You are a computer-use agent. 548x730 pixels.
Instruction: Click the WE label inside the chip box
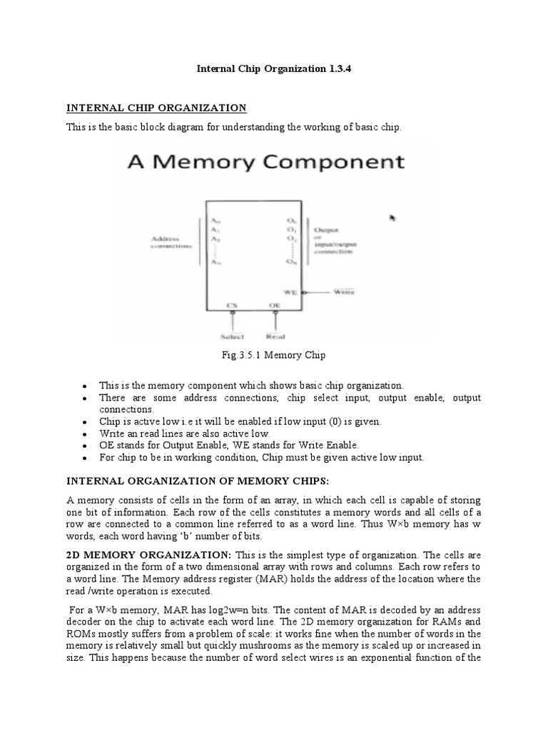tap(290, 292)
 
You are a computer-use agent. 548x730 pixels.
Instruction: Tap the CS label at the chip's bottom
tap(233, 306)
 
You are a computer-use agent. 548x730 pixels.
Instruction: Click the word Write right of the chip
tap(345, 292)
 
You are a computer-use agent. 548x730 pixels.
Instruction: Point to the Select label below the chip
tap(232, 336)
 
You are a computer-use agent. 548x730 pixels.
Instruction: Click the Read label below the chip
tap(275, 336)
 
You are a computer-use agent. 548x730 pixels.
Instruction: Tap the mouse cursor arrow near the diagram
tap(392, 218)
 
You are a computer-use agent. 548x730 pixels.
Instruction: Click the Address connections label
tap(171, 242)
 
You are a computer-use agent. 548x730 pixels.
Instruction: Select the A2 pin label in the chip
tap(215, 240)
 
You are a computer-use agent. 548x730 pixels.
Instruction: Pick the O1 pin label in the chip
tap(291, 230)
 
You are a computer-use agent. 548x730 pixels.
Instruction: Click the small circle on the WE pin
tap(305, 292)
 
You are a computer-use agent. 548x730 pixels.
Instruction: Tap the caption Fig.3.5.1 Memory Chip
tap(274, 354)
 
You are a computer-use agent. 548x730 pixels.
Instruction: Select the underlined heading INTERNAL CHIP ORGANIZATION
tap(156, 108)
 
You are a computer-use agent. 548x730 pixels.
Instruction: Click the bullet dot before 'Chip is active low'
tap(86, 422)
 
